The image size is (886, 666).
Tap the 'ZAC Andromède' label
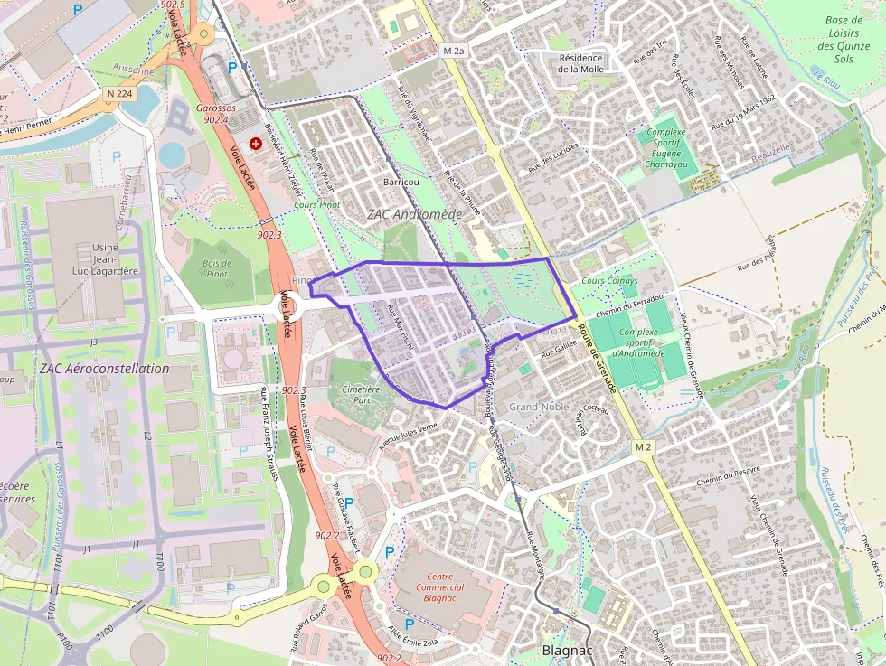415,214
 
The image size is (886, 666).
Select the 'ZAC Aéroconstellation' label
104,369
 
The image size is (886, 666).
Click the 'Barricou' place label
401,182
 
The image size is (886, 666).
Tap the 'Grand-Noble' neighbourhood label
538,407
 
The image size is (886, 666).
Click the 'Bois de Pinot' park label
217,268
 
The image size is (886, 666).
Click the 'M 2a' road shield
453,52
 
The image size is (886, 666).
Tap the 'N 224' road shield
119,92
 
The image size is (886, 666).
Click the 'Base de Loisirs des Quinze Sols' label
843,40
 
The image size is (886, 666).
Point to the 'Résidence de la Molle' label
580,63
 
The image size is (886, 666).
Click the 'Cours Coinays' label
609,281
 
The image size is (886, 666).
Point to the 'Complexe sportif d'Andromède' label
639,342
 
